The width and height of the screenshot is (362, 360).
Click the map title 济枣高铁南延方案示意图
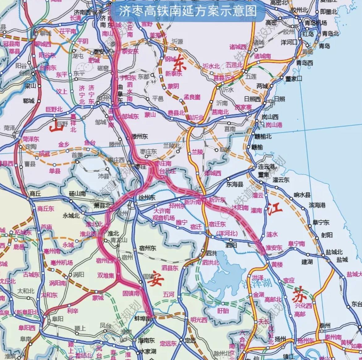click(188, 11)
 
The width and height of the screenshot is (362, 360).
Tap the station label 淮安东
click(274, 248)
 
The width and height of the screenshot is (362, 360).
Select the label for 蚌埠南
click(143, 318)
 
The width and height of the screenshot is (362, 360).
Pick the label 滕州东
click(140, 136)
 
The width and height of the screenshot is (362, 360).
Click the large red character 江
click(275, 209)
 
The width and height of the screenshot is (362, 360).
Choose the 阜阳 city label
click(56, 319)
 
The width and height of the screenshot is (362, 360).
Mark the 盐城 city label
click(342, 259)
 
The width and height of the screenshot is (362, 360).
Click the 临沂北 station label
click(196, 118)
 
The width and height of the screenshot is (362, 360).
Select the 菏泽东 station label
click(31, 140)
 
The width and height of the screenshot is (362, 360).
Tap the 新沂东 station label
click(217, 200)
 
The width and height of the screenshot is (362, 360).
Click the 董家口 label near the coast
click(293, 79)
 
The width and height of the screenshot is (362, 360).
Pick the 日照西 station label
click(252, 99)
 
